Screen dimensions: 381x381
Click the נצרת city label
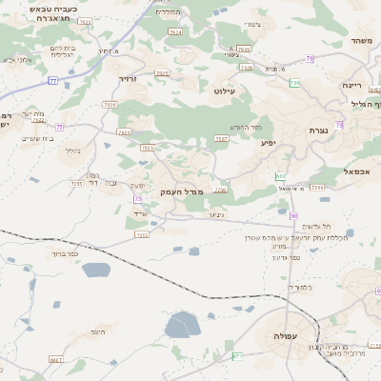pos(318,130)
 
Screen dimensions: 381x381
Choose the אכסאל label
pos(356,171)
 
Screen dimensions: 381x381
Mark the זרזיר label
pos(128,78)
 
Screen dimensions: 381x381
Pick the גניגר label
pos(215,215)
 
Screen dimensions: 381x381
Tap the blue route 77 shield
pos(53,82)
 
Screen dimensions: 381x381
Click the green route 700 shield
pos(237,356)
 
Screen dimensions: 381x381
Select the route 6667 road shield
pos(56,360)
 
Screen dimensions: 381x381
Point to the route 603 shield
pos(280,176)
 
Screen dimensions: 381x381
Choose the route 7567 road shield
pos(222,139)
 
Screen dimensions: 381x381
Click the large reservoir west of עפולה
pos(182,326)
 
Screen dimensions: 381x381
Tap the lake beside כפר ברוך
pos(96,270)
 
